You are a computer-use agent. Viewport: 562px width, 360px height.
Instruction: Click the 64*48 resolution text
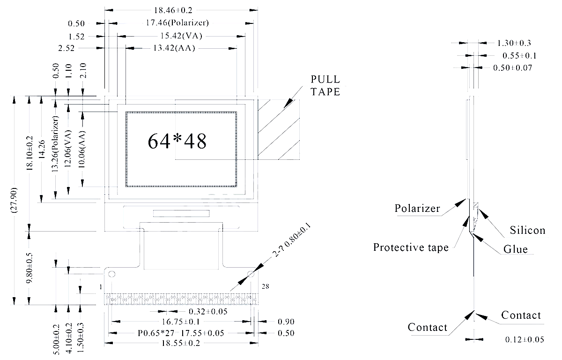(177, 141)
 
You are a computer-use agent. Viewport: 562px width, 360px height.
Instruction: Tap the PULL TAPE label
(324, 85)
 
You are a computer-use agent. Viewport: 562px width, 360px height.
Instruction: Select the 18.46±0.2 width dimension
(180, 9)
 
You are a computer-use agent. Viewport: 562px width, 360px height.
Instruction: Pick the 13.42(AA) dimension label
(174, 48)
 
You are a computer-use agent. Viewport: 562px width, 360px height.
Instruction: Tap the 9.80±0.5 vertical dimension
(29, 268)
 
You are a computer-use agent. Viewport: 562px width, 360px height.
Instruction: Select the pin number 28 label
(266, 286)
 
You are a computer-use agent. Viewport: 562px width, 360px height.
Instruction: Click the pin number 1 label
(101, 286)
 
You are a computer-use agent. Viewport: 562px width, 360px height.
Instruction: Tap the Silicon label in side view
(527, 230)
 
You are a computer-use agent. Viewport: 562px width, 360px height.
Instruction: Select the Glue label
(516, 249)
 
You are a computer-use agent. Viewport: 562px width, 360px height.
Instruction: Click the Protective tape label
(411, 247)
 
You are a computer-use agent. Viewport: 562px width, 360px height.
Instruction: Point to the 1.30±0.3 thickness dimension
(514, 43)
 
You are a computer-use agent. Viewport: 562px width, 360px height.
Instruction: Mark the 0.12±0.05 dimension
(525, 339)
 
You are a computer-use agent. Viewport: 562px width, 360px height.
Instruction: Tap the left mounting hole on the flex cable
(112, 274)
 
